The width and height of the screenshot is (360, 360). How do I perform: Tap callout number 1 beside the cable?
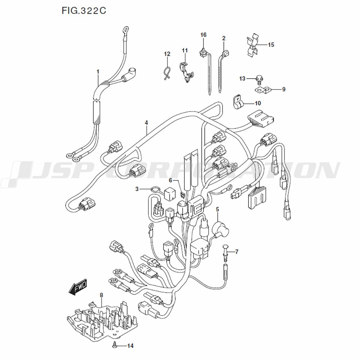[x=98, y=72]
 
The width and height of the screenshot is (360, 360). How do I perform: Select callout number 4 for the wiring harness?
[x=147, y=123]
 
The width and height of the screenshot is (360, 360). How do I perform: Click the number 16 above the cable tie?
[x=203, y=35]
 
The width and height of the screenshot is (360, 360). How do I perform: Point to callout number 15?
[x=271, y=45]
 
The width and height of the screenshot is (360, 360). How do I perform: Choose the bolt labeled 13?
[x=258, y=78]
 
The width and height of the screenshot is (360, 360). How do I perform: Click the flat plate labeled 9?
[x=262, y=90]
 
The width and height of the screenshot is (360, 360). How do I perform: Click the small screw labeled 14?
[x=114, y=346]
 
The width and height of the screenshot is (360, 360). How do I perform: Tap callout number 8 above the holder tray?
[x=101, y=295]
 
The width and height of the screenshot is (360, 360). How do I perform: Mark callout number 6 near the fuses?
[x=171, y=180]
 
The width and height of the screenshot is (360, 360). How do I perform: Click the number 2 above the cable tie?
[x=224, y=38]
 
